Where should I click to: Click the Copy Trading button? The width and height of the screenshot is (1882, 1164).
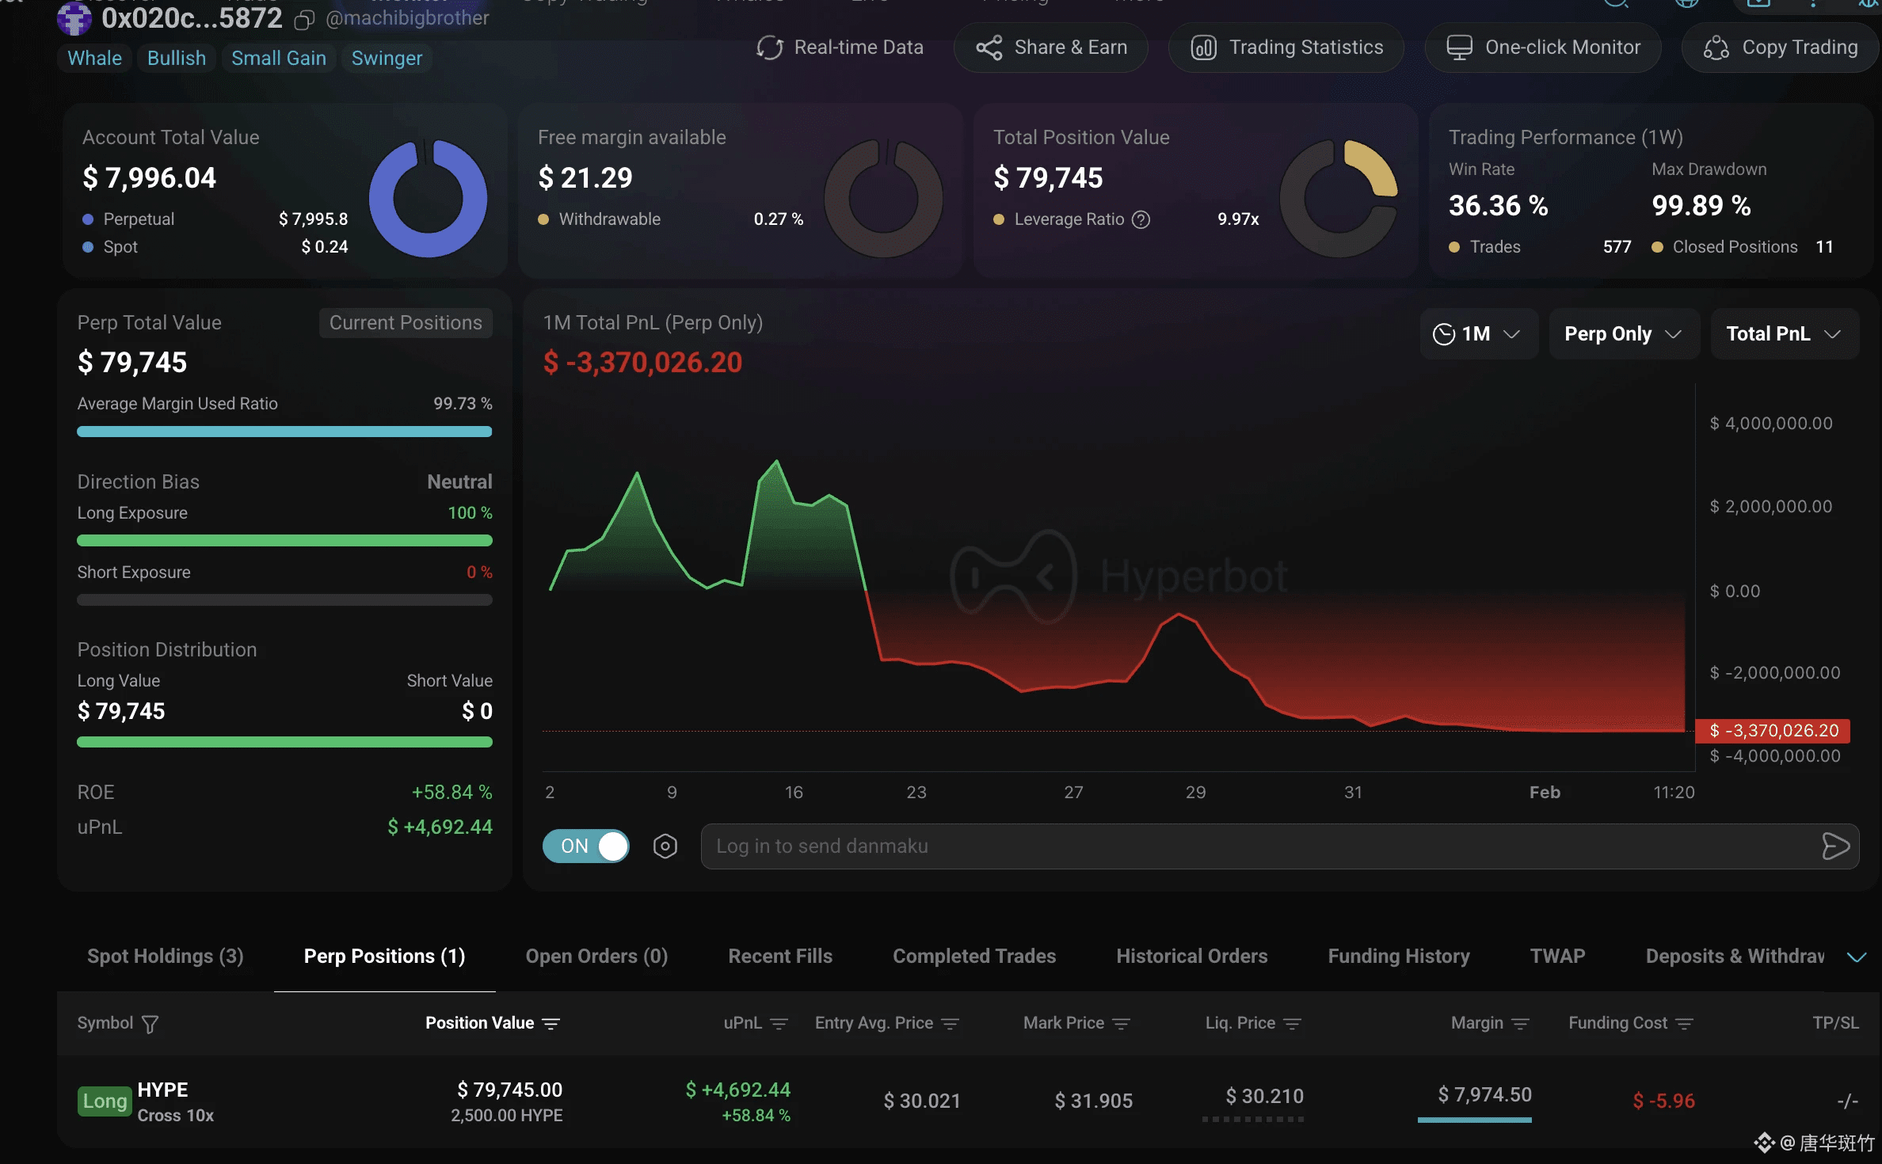[x=1781, y=48]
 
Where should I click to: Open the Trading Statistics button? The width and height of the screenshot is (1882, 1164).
[x=1286, y=48]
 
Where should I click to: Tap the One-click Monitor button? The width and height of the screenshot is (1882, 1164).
[x=1543, y=48]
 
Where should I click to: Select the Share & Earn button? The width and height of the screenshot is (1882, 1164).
[x=1051, y=48]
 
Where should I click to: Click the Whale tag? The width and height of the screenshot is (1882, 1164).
[x=94, y=59]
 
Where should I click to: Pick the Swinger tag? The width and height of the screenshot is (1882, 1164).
[x=387, y=59]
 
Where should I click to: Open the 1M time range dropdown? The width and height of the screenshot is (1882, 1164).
[x=1477, y=334]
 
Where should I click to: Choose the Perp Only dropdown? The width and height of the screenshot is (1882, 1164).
[x=1623, y=334]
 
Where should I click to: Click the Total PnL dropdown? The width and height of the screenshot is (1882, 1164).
[x=1783, y=334]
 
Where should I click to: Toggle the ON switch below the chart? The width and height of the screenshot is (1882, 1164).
[x=586, y=846]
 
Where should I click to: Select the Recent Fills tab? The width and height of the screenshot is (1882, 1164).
[x=780, y=957]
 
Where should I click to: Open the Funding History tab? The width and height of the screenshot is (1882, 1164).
[x=1399, y=957]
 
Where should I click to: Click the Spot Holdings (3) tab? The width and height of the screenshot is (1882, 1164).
[x=166, y=957]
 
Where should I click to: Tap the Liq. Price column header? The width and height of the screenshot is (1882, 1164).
[x=1240, y=1023]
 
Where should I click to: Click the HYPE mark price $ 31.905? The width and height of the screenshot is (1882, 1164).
[x=1093, y=1101]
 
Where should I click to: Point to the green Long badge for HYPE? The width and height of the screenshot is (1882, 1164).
[x=105, y=1101]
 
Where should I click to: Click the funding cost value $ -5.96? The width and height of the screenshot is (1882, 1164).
[x=1663, y=1101]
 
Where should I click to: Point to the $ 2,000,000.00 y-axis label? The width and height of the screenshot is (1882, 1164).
[x=1771, y=507]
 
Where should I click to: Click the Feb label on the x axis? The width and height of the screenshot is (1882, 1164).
[x=1545, y=793]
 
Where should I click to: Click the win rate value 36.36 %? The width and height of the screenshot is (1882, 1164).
[x=1498, y=206]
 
